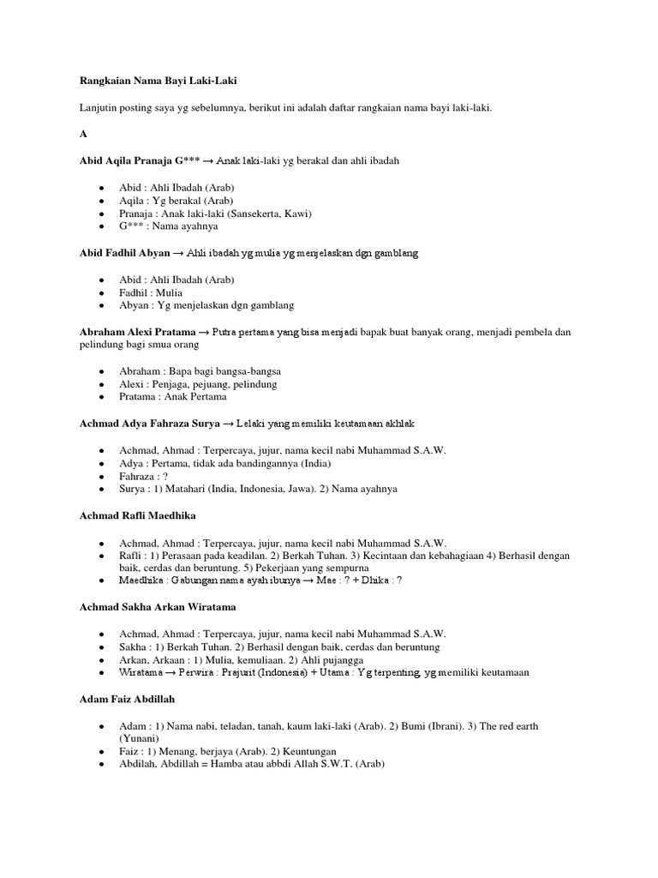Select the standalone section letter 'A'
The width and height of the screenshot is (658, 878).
click(x=82, y=134)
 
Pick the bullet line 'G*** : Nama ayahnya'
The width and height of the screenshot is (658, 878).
click(x=169, y=226)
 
